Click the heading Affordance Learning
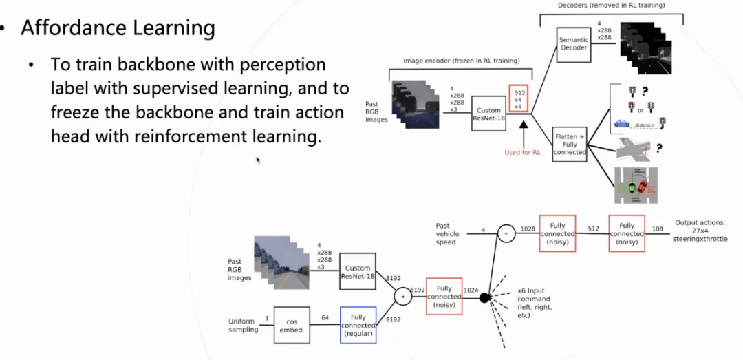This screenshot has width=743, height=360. click(118, 28)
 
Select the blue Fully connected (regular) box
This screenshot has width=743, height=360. click(358, 325)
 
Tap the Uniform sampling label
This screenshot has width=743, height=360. click(244, 325)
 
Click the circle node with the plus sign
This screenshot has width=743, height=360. click(506, 235)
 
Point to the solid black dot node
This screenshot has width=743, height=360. click(484, 298)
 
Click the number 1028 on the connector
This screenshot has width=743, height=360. click(528, 228)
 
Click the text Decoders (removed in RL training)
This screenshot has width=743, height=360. click(611, 6)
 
